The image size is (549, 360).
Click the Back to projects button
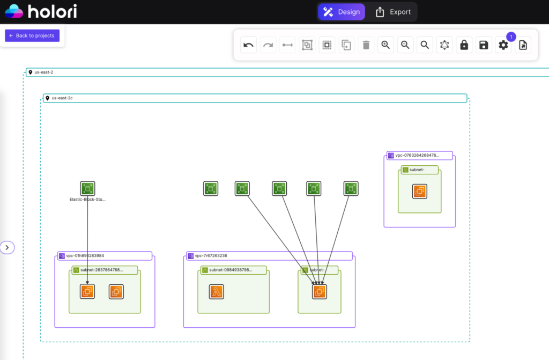tap(32, 35)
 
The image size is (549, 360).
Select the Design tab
tap(341, 12)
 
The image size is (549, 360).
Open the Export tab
tap(393, 12)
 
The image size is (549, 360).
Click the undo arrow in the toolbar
tap(248, 45)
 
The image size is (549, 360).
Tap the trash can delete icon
tap(366, 45)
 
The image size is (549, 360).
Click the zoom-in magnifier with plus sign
tap(385, 45)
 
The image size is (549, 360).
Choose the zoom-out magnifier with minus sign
tap(405, 45)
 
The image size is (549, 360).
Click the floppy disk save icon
tap(484, 45)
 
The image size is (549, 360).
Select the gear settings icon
tap(503, 45)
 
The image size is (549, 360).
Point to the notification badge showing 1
tap(511, 36)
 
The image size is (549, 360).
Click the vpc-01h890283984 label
tap(85, 256)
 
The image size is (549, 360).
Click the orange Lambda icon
tap(217, 292)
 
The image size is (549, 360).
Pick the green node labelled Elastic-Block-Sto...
tap(88, 188)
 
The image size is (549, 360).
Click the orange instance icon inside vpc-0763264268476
tap(420, 192)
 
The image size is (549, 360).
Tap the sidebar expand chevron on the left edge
tap(7, 247)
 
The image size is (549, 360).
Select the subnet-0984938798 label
tap(231, 270)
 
